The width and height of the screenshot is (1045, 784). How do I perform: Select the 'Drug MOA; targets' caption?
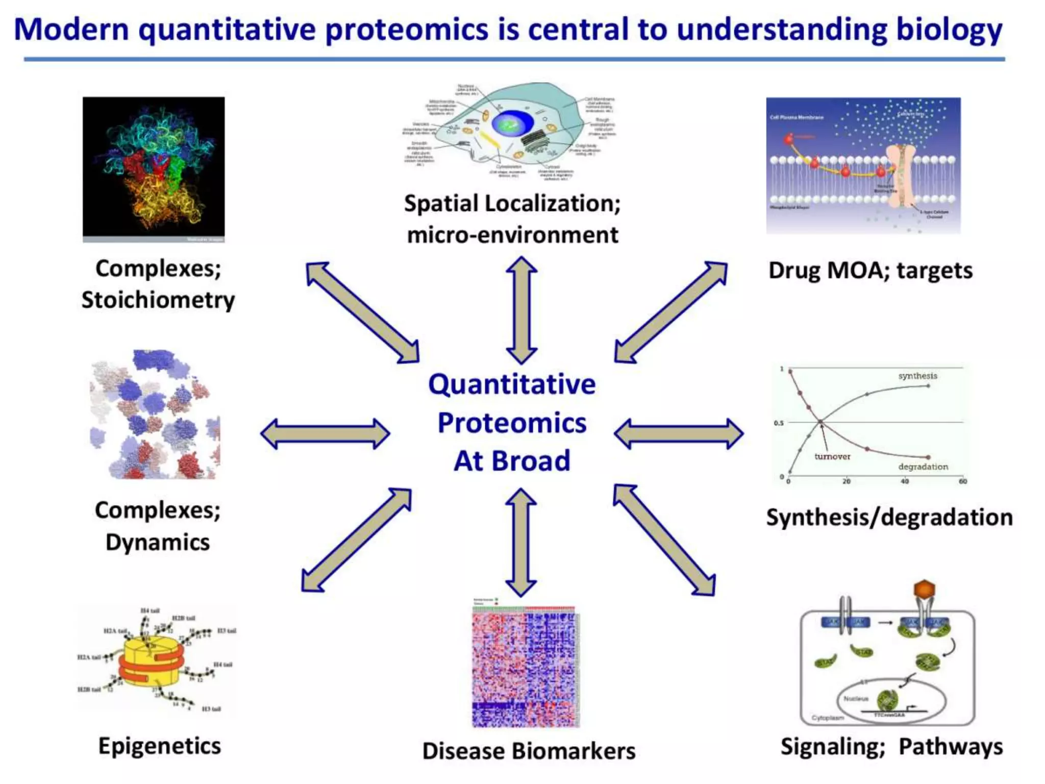(x=870, y=271)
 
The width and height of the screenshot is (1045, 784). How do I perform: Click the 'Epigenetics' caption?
(x=160, y=746)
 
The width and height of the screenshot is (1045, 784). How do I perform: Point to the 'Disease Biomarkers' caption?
(x=529, y=751)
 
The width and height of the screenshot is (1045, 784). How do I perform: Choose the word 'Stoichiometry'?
(x=158, y=300)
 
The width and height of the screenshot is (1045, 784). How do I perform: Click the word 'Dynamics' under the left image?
(x=158, y=542)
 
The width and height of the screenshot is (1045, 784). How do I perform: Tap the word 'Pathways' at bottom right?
(x=951, y=747)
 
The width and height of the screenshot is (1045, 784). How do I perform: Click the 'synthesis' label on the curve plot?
(x=917, y=376)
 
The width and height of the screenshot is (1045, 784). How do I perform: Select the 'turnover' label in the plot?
(x=832, y=456)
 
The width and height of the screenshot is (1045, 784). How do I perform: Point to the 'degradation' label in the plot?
(x=923, y=467)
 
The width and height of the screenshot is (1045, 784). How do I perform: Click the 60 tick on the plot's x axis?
(x=962, y=481)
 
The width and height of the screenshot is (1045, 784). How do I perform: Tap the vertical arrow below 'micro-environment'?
(x=521, y=310)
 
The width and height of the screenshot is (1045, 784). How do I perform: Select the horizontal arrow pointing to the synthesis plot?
(x=678, y=434)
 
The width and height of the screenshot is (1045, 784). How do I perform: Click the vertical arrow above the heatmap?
(x=520, y=542)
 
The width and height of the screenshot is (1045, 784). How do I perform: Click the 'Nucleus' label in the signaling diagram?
(x=856, y=698)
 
